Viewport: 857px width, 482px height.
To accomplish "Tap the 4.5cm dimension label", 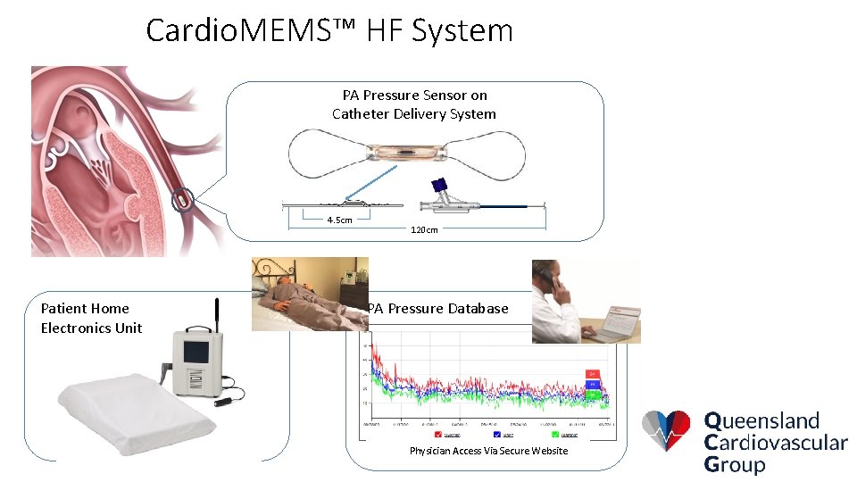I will tap(339, 220).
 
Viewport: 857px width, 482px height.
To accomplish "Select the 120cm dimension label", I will tap(424, 229).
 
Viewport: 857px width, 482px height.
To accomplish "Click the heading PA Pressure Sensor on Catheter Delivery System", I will tap(414, 104).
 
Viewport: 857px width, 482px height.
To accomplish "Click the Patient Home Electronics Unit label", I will tap(91, 318).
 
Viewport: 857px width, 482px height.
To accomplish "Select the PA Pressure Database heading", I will tap(438, 309).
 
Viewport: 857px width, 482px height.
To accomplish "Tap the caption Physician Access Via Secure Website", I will tap(488, 451).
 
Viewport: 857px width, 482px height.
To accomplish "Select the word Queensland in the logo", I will tap(761, 420).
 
